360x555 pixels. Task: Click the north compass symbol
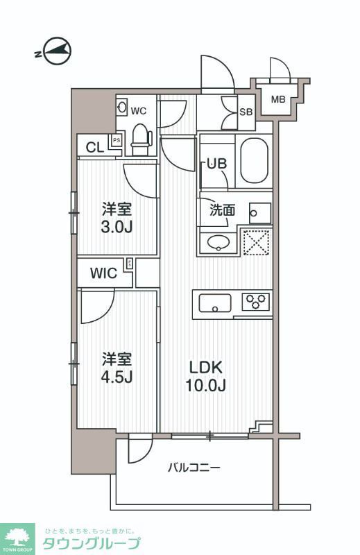(56, 51)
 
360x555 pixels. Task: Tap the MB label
(278, 100)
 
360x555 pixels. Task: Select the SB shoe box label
(246, 112)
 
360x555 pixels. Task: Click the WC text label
(139, 110)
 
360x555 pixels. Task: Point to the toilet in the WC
(141, 139)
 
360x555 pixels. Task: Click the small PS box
(117, 141)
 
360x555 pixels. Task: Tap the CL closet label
(94, 147)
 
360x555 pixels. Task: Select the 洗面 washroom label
(223, 210)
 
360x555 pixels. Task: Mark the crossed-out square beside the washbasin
(256, 241)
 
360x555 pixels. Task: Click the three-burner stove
(256, 302)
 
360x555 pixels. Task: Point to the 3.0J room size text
(117, 226)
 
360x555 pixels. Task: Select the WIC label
(104, 273)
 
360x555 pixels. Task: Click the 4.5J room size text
(117, 378)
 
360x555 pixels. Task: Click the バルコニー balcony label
(194, 468)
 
